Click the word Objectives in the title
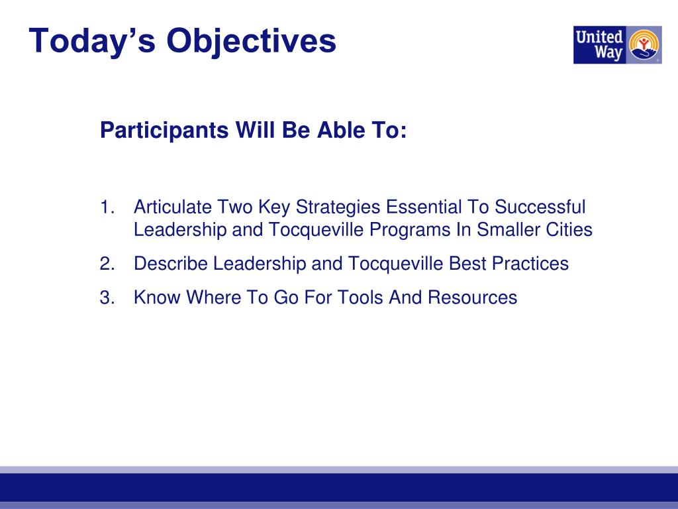click(251, 42)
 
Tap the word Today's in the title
click(92, 42)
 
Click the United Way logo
click(618, 45)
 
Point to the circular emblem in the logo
click(644, 44)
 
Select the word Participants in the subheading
click(164, 131)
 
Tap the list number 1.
click(107, 207)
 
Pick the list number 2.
click(107, 264)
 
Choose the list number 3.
click(107, 298)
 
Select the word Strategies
click(338, 207)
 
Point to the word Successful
click(540, 207)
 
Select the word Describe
click(170, 264)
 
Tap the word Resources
click(473, 298)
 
